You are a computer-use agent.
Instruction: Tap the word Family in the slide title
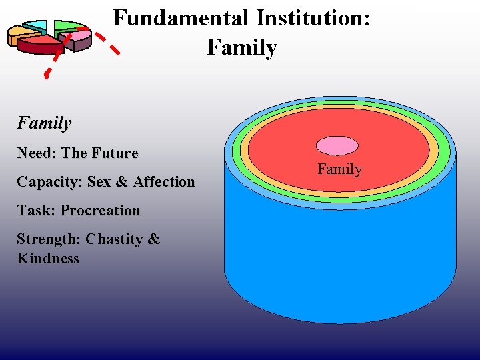click(242, 47)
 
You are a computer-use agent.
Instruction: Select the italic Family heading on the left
click(44, 123)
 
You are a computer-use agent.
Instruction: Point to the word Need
click(35, 153)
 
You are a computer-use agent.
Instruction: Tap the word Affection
click(164, 182)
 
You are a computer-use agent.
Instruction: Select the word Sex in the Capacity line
click(101, 182)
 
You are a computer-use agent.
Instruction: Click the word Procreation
click(100, 211)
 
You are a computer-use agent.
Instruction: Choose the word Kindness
click(48, 258)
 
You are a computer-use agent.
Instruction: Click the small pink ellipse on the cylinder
click(337, 145)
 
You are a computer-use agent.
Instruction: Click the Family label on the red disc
click(339, 169)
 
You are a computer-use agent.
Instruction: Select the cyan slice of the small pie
click(37, 27)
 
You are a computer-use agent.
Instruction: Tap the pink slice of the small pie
click(79, 39)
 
